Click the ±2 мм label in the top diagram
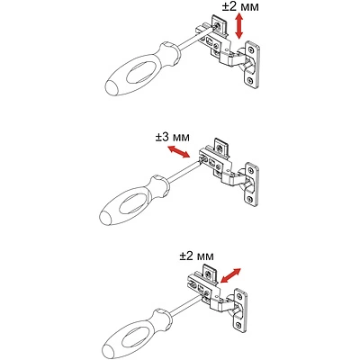point(240,6)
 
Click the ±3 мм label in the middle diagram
point(173,137)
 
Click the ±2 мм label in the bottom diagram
point(196,256)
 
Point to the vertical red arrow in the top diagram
point(238,26)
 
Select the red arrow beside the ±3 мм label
point(178,151)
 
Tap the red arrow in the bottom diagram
point(230,275)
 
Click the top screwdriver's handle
point(141,70)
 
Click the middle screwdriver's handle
point(134,201)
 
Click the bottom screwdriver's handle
point(137,332)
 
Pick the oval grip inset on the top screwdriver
point(140,72)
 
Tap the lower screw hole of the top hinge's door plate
point(250,80)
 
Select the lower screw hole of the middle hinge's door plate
point(249,199)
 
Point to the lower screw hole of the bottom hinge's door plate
point(238,324)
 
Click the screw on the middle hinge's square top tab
point(220,148)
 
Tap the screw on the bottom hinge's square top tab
point(209,274)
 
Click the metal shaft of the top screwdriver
point(195,38)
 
